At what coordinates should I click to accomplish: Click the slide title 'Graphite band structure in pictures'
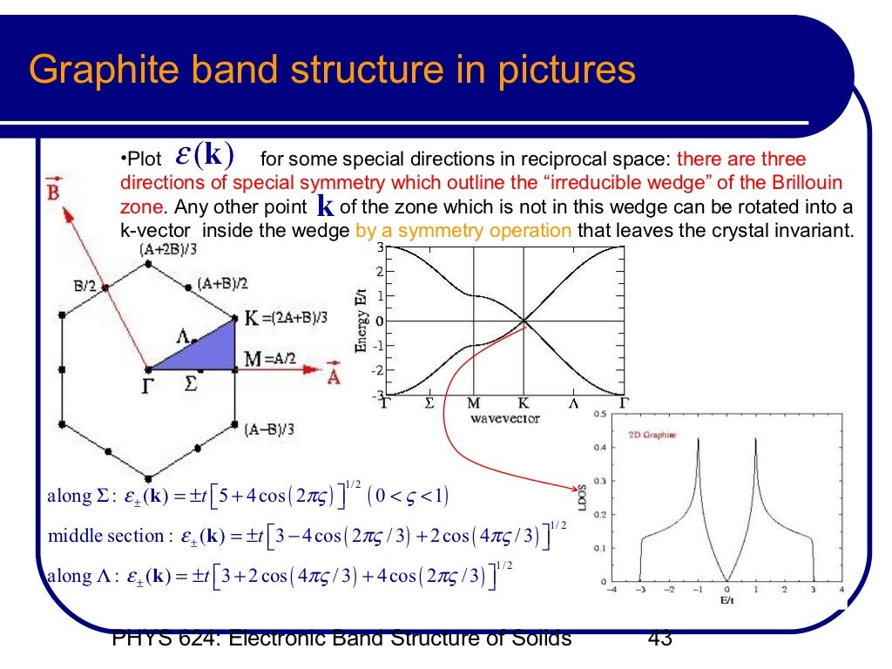click(332, 71)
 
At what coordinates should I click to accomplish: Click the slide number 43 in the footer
click(660, 639)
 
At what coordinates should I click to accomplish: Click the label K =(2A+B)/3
click(285, 318)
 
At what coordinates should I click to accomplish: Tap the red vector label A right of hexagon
click(333, 376)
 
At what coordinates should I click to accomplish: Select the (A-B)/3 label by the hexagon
click(269, 428)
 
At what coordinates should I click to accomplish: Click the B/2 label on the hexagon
click(85, 284)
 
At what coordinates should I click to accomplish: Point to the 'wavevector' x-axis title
click(504, 419)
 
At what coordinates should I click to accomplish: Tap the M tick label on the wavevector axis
click(474, 404)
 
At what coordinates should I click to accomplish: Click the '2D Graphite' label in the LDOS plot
click(652, 434)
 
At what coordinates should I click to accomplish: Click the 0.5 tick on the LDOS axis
click(600, 414)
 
